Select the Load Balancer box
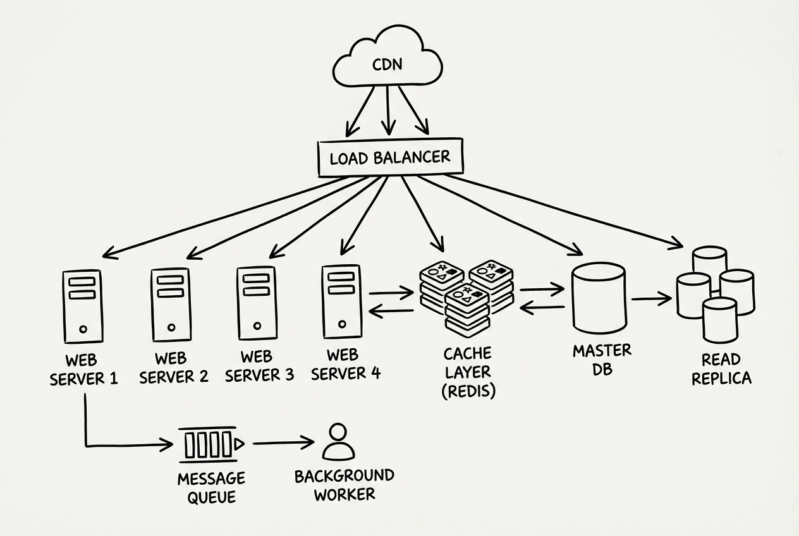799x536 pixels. (389, 157)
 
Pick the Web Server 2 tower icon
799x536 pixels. (171, 304)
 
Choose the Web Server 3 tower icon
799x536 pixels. (256, 303)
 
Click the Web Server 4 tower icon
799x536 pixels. (341, 301)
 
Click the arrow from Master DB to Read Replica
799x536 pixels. (651, 298)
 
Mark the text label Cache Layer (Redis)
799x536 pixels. (467, 372)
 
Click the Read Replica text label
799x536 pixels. (721, 369)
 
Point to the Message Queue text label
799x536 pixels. (210, 487)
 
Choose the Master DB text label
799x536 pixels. (601, 360)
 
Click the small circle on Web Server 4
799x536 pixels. (342, 324)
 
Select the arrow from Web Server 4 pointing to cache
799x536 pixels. (391, 293)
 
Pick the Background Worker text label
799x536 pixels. (344, 485)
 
